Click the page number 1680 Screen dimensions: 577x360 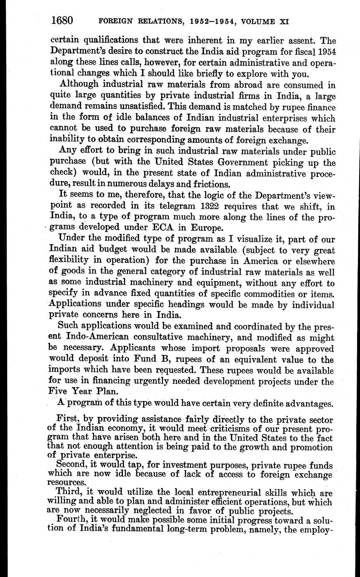pyautogui.click(x=62, y=20)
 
